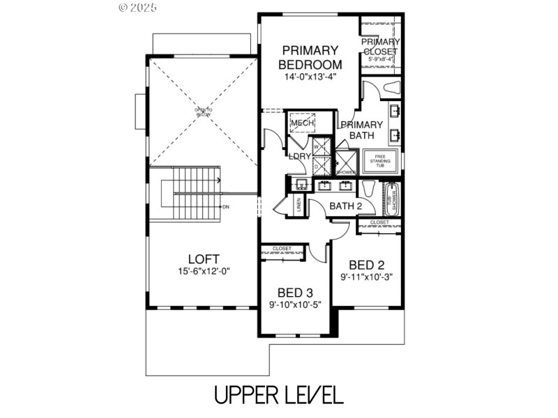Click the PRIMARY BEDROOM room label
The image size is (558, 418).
click(x=309, y=57)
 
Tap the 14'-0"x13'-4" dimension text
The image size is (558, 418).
click(x=309, y=77)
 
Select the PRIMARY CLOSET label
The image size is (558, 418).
click(x=380, y=47)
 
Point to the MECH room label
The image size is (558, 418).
click(x=302, y=124)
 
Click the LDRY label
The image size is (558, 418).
click(x=299, y=156)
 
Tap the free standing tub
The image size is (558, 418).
click(x=380, y=160)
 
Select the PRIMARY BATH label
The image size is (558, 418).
click(x=361, y=130)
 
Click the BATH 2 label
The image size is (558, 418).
click(x=346, y=206)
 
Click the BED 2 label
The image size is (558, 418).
click(x=367, y=265)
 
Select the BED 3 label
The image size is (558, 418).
click(x=295, y=293)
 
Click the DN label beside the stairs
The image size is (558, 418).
click(x=225, y=207)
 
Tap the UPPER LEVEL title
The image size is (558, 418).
click(x=278, y=395)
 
